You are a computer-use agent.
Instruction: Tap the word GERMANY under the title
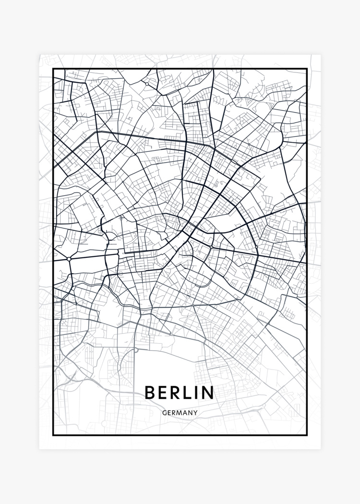180,412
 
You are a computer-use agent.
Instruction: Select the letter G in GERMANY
165,412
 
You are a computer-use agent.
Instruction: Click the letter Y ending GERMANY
195,412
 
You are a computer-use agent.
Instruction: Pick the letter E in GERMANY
169,412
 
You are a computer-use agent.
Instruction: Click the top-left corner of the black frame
53,69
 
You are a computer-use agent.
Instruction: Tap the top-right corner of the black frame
307,69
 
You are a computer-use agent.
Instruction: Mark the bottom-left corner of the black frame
53,435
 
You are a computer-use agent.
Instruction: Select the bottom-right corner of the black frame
307,435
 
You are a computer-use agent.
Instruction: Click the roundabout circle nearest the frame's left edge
70,259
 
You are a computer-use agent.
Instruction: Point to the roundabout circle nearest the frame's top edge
147,84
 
